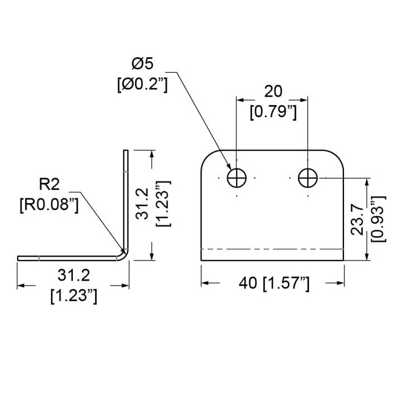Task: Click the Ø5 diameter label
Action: pyautogui.click(x=142, y=63)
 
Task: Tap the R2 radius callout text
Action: pyautogui.click(x=49, y=184)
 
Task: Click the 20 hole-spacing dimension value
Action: pyautogui.click(x=273, y=92)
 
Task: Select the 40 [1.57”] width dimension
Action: pyautogui.click(x=274, y=283)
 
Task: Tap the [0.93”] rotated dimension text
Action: pyautogui.click(x=378, y=219)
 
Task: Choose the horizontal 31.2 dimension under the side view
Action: pyautogui.click(x=74, y=276)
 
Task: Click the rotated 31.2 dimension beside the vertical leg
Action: pyautogui.click(x=142, y=203)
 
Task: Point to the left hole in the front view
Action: pyautogui.click(x=237, y=178)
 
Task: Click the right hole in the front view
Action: pyautogui.click(x=308, y=178)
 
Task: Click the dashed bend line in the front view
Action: pyautogui.click(x=272, y=249)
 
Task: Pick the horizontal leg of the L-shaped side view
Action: pyautogui.click(x=69, y=258)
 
